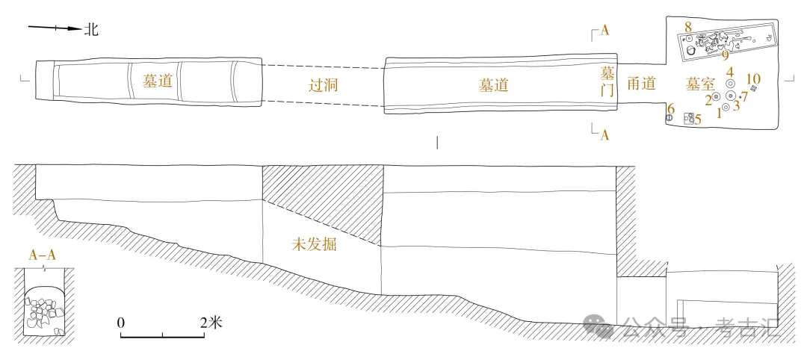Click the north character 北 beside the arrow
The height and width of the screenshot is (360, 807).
click(x=91, y=30)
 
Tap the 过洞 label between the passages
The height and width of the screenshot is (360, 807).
click(x=324, y=85)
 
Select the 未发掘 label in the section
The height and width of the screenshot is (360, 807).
click(x=314, y=244)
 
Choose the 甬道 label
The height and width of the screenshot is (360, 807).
click(x=641, y=84)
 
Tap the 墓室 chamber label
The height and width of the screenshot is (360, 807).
click(x=701, y=84)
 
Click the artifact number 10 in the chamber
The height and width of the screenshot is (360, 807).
click(x=753, y=79)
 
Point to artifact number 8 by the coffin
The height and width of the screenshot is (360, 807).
click(x=687, y=28)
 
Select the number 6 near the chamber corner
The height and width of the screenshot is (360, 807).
click(x=671, y=109)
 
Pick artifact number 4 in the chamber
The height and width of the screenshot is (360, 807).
click(x=730, y=72)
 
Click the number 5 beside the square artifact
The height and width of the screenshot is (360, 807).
click(x=698, y=120)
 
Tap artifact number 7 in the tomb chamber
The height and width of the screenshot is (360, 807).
click(x=744, y=96)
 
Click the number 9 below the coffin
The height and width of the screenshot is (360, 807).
click(x=725, y=55)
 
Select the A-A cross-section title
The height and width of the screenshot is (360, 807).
click(x=43, y=255)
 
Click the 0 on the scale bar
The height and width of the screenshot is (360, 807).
click(x=120, y=323)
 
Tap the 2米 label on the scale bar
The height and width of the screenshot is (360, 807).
click(x=211, y=323)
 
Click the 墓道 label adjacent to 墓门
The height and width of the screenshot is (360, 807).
click(x=494, y=85)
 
